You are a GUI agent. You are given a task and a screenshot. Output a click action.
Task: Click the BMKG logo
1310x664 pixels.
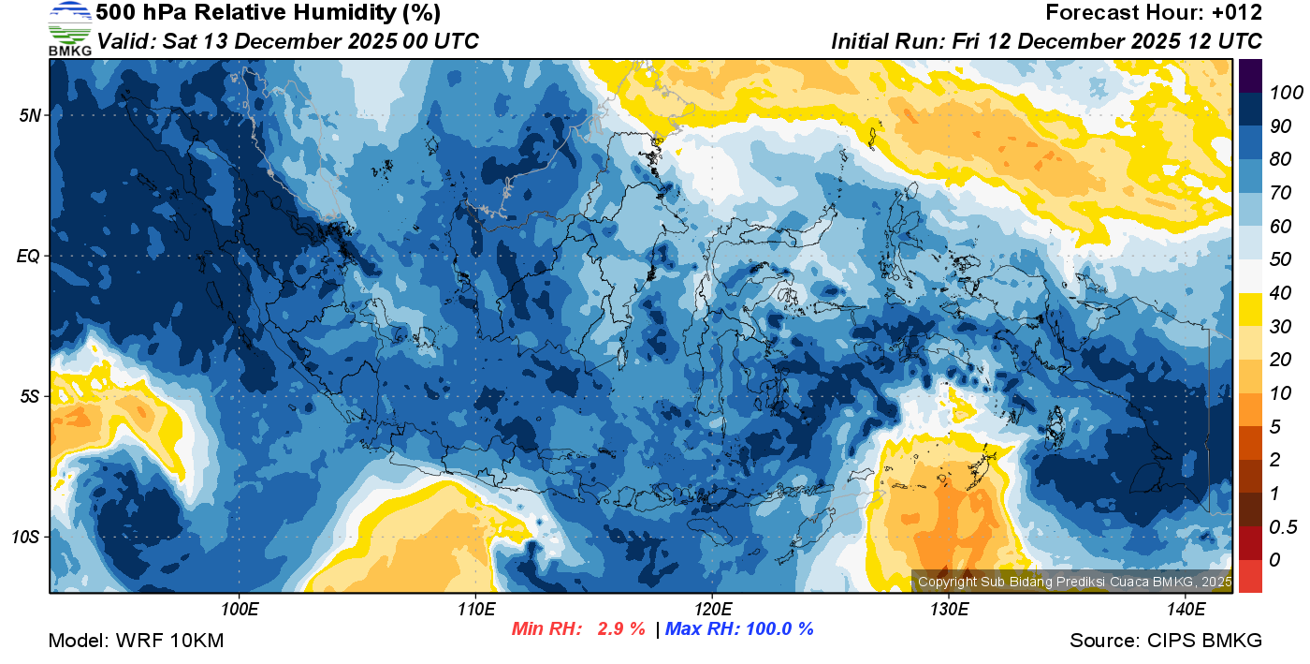70,28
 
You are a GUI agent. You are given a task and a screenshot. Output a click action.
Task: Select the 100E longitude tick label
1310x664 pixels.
240,610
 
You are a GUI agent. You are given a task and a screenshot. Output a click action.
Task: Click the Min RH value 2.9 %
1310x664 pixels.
621,629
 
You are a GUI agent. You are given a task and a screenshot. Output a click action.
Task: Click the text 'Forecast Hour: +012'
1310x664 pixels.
1154,13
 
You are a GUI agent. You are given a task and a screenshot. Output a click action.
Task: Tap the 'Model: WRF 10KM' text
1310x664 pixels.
136,641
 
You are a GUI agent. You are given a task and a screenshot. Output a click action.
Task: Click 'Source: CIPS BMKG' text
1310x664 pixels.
1166,641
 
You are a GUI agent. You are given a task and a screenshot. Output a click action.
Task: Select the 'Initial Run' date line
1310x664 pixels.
1046,41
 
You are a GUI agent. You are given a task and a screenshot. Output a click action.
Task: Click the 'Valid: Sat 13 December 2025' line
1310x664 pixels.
288,41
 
